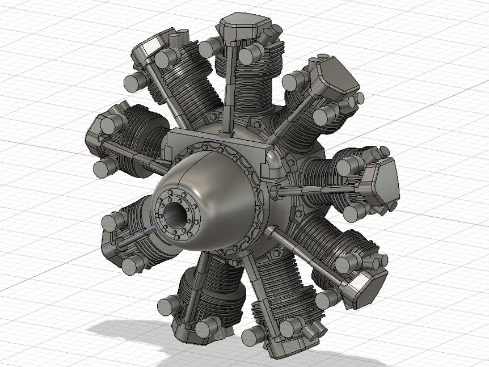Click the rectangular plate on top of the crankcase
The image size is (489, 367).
tap(216, 139)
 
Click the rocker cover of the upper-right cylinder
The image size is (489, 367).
tap(335, 77)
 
